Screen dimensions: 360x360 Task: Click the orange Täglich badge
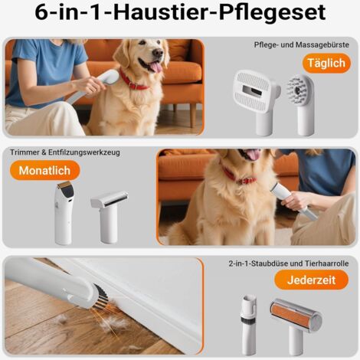tap(326, 63)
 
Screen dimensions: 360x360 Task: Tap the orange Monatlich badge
tap(44, 170)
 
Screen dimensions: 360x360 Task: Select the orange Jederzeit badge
tap(311, 280)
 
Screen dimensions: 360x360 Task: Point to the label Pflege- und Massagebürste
tap(301, 44)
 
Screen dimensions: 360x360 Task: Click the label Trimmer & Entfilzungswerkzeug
tap(65, 152)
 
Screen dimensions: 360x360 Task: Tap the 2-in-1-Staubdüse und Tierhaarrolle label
tap(289, 263)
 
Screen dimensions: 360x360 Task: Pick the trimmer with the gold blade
tap(64, 213)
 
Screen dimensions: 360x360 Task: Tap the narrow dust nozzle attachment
tap(249, 324)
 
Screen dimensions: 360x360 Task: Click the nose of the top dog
tap(158, 53)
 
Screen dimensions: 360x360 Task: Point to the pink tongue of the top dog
tap(155, 67)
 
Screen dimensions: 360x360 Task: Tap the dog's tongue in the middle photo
tap(252, 155)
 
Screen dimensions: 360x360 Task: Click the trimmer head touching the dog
tap(277, 188)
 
